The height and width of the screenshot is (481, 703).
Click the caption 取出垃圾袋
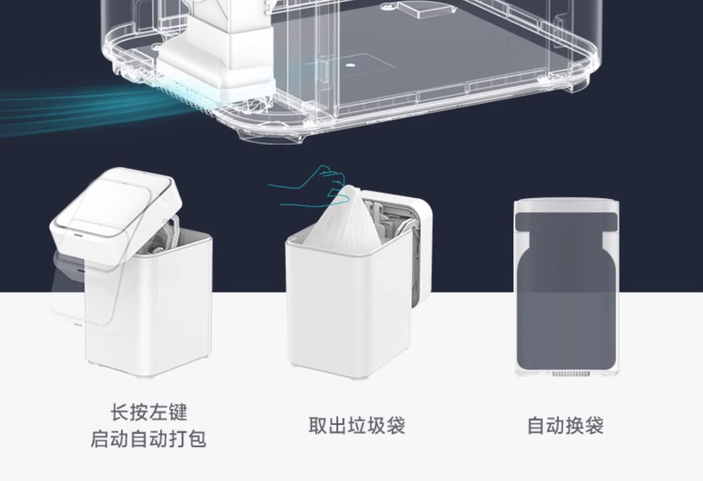pos(357,426)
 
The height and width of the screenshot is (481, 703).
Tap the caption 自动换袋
pos(565,426)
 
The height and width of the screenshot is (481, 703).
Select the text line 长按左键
pos(149,413)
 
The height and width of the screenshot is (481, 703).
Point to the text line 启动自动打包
pos(148,440)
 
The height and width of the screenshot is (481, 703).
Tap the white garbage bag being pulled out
pos(342,220)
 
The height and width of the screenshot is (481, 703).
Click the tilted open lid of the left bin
pos(117,202)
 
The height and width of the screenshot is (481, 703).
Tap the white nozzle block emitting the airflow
pos(220,70)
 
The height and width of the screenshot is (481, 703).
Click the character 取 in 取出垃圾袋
pos(318,426)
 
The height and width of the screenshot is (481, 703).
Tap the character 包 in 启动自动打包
pos(197,440)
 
